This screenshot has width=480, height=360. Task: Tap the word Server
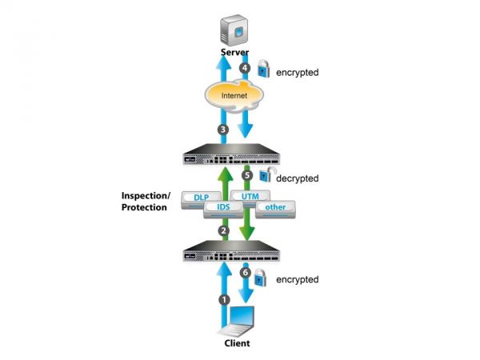coord(238,53)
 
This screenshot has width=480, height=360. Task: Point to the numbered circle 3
coord(224,129)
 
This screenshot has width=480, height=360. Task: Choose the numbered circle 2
coord(224,230)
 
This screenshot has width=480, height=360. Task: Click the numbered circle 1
coord(224,299)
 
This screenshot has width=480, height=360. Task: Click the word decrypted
coord(298,178)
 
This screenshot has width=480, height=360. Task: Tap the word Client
coord(238,343)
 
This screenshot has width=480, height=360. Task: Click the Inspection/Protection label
coord(144,202)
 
